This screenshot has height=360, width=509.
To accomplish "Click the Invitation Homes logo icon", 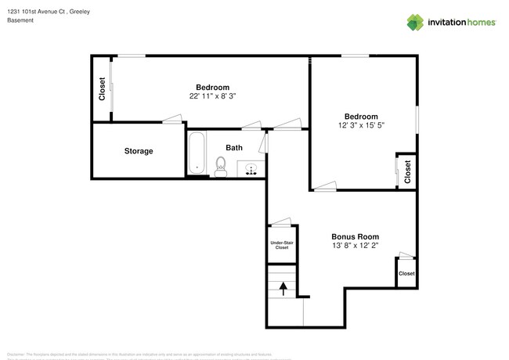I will (414, 22).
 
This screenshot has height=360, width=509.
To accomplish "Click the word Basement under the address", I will (20, 20).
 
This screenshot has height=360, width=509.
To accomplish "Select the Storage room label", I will (139, 151).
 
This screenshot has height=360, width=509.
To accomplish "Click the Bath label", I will (234, 147).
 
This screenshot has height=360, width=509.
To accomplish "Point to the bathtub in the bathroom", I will (196, 153).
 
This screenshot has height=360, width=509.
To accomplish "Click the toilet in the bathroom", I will (221, 166).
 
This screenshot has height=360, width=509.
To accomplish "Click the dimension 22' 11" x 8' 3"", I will (212, 96).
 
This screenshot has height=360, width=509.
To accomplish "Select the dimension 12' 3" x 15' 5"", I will (361, 125).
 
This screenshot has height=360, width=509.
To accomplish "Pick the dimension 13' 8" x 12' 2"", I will (356, 246).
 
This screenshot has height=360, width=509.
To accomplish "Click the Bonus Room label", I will (356, 236).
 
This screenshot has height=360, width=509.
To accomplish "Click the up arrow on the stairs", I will (282, 288).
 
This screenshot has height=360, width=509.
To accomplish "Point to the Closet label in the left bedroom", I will (102, 88).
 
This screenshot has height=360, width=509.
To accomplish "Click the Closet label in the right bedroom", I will (407, 171).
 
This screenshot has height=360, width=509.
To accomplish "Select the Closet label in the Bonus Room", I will (406, 273).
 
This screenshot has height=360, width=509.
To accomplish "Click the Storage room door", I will (173, 119).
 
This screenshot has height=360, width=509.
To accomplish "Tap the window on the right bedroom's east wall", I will (417, 124).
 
